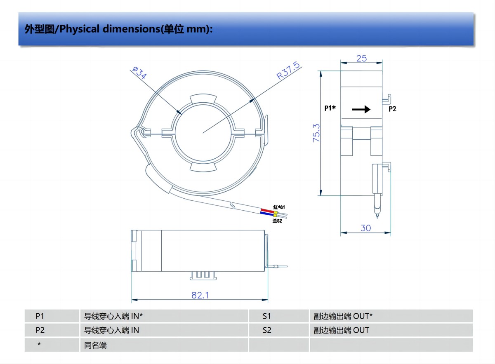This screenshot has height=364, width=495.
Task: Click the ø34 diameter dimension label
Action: click(139, 73)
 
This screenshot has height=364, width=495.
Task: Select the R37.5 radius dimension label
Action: click(288, 70)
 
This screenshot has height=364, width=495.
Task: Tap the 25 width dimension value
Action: click(361, 58)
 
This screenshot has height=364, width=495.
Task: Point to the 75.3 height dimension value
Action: click(316, 133)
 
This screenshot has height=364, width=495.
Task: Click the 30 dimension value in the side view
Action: click(366, 228)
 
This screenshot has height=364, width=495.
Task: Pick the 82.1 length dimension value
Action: click(200, 295)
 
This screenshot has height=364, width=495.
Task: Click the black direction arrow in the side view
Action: click(361, 109)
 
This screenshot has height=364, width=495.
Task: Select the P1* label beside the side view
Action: click(330, 108)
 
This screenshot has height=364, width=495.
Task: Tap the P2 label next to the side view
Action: click(392, 109)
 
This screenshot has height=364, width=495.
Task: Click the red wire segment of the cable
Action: click(267, 210)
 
